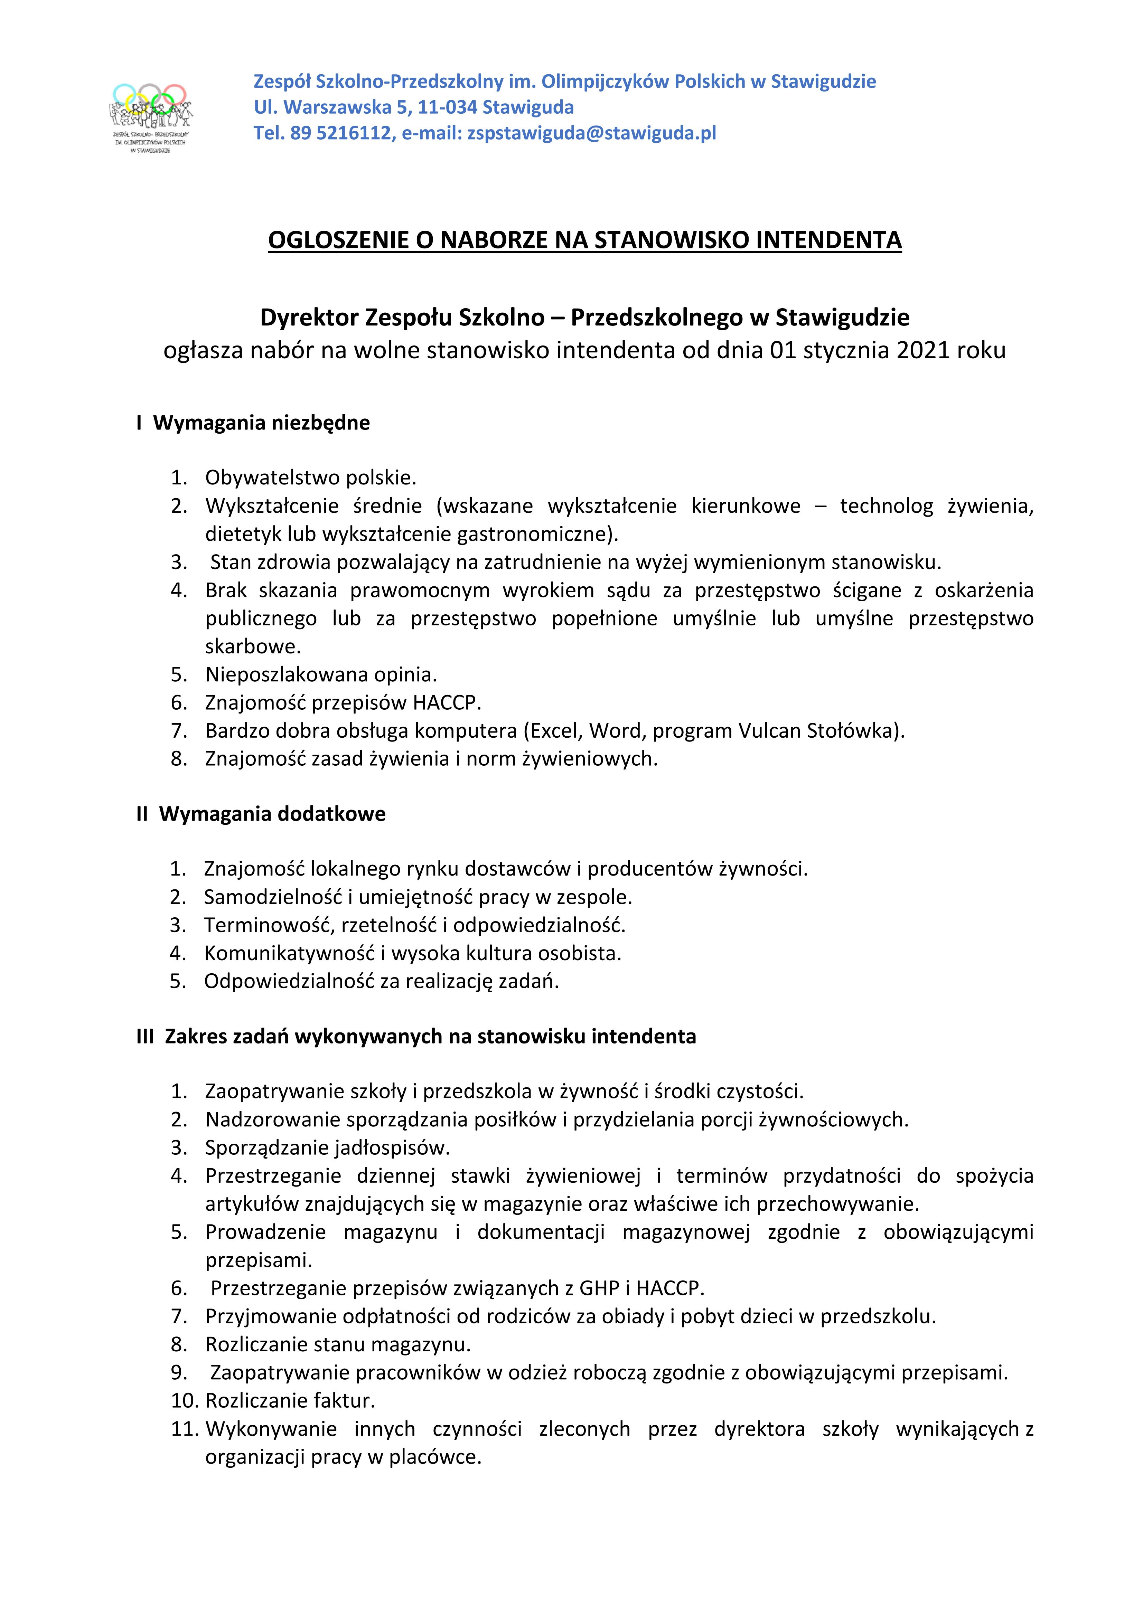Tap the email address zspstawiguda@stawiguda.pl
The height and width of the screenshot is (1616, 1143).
[x=592, y=133]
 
